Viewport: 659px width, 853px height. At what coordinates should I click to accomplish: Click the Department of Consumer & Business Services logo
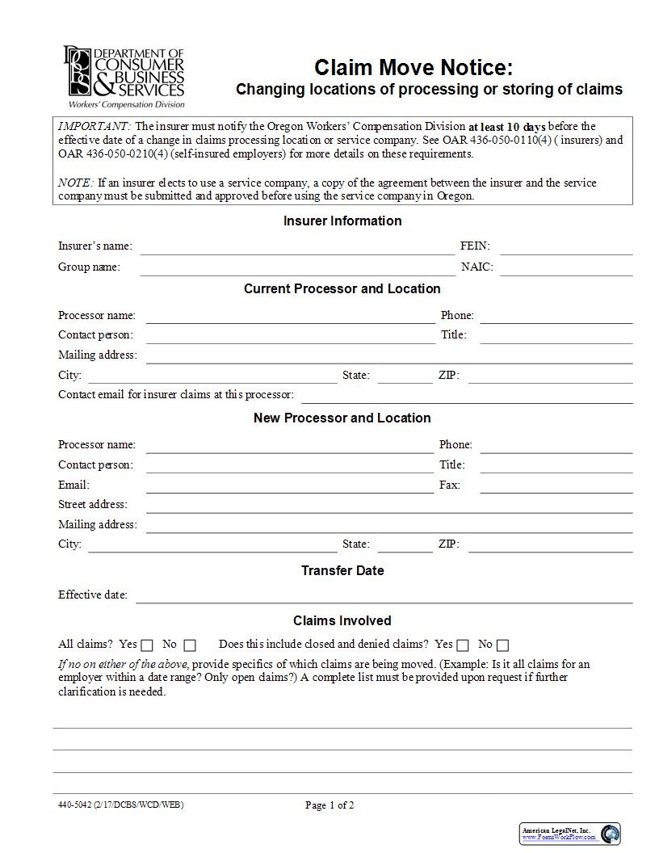[125, 76]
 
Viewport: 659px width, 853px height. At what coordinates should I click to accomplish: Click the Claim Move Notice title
[413, 67]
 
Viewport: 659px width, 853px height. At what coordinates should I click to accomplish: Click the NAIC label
[476, 267]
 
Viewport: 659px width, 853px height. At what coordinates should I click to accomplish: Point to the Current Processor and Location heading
[342, 288]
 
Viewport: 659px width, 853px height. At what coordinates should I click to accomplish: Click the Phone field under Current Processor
[556, 317]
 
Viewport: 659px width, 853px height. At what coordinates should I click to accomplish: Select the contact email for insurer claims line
[466, 397]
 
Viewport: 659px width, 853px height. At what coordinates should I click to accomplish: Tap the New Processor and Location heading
[342, 418]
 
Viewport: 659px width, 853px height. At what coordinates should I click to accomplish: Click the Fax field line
[556, 487]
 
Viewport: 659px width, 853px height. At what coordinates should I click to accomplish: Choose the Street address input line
[388, 506]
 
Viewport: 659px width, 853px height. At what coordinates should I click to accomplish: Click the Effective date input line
[384, 597]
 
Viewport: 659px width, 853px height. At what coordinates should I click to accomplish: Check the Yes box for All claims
[147, 645]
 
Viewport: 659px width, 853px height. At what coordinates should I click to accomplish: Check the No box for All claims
[190, 645]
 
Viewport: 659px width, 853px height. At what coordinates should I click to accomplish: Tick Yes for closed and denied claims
[463, 645]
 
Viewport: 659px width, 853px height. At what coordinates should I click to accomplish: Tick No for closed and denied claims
[503, 645]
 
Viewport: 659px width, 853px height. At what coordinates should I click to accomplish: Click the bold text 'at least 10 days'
[507, 127]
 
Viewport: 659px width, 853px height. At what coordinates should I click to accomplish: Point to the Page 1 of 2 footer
[329, 805]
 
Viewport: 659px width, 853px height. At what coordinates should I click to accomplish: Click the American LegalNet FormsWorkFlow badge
[570, 834]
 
